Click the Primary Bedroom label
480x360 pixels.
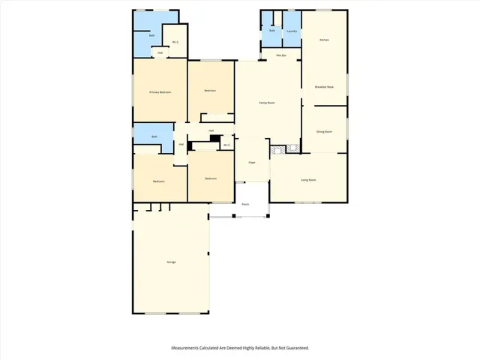tap(160, 92)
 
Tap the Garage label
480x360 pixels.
tap(171, 262)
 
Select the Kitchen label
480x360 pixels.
tap(324, 40)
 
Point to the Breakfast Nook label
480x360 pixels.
tap(324, 87)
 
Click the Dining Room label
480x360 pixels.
tap(324, 131)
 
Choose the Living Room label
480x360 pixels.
tap(307, 180)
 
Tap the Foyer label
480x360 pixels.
tap(252, 161)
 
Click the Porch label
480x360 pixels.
tap(245, 204)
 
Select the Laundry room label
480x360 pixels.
tap(292, 31)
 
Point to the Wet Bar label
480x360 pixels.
tap(281, 56)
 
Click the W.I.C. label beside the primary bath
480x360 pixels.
tap(175, 42)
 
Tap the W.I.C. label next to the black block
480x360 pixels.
tap(226, 145)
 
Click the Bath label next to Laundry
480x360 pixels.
tap(271, 31)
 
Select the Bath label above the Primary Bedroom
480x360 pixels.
tap(152, 35)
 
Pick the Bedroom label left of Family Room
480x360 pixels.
tap(210, 91)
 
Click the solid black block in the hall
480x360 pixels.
tap(214, 138)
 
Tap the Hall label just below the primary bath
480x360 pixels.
tap(160, 53)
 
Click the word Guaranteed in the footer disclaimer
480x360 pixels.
tap(294, 348)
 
